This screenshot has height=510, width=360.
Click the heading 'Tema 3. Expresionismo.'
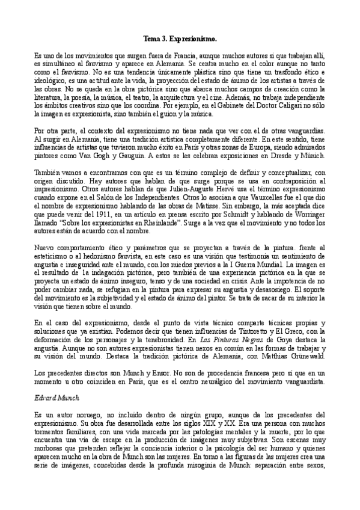tap(180, 38)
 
